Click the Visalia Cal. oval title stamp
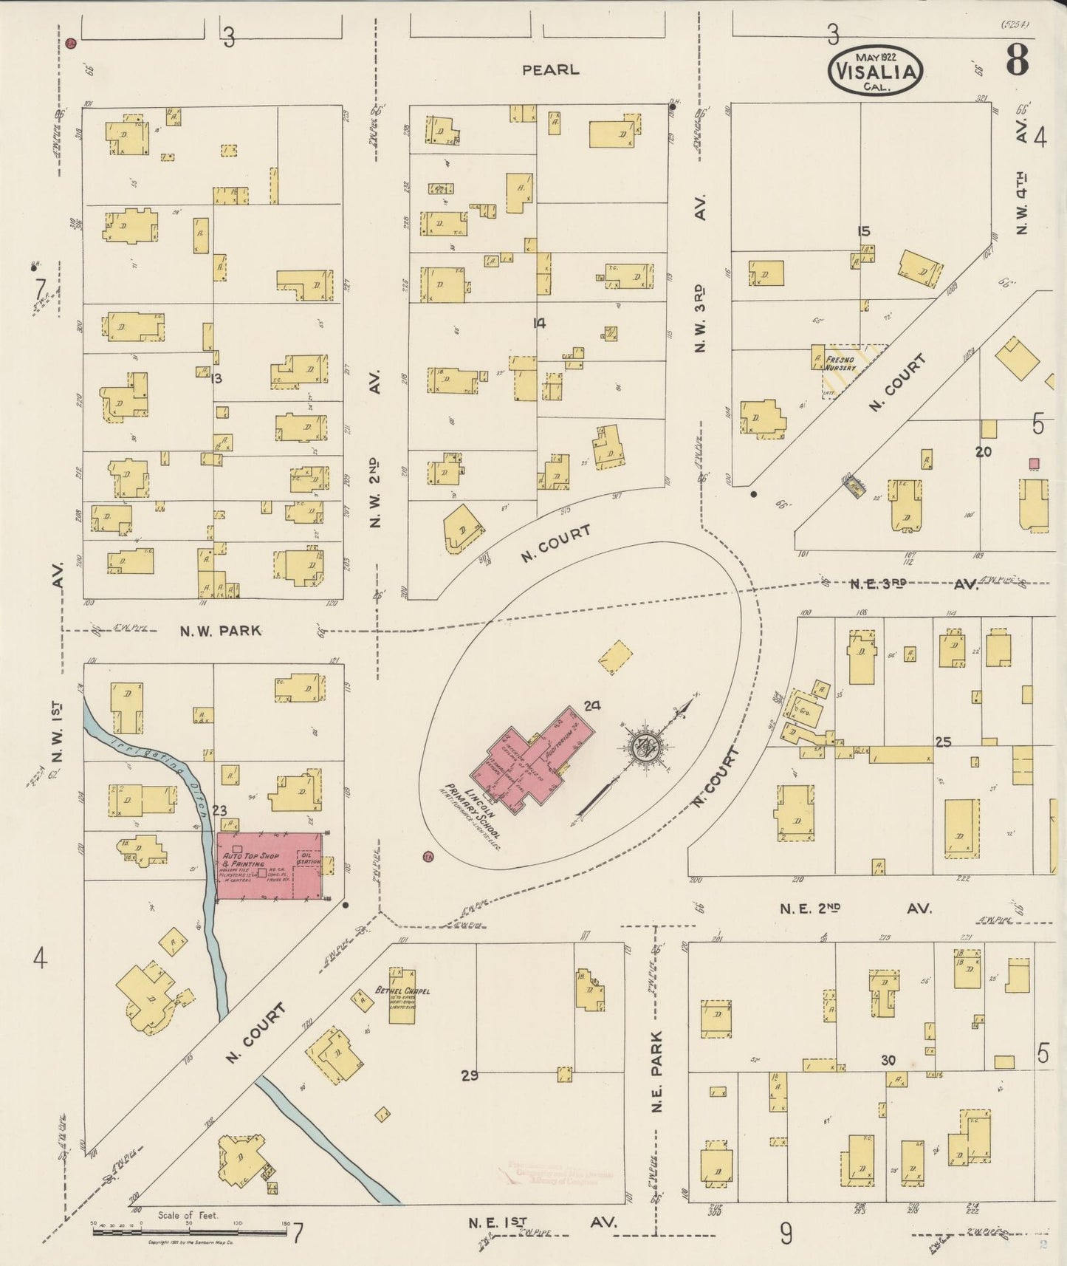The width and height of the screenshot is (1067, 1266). pyautogui.click(x=876, y=72)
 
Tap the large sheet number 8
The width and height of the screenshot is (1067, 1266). pyautogui.click(x=1017, y=61)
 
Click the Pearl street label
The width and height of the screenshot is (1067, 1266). pyautogui.click(x=550, y=70)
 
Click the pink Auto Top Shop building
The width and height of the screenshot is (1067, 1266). pyautogui.click(x=270, y=866)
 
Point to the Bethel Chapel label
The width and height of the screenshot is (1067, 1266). pyautogui.click(x=402, y=991)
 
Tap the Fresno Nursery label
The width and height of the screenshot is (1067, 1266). pyautogui.click(x=841, y=363)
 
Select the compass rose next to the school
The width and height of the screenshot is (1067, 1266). pyautogui.click(x=647, y=744)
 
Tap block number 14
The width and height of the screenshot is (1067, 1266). pyautogui.click(x=539, y=323)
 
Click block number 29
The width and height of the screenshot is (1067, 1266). pyautogui.click(x=470, y=1075)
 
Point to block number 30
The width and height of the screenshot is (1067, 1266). pyautogui.click(x=888, y=1060)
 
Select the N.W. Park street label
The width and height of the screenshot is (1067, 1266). pyautogui.click(x=221, y=631)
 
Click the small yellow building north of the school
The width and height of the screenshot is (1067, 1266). pyautogui.click(x=615, y=657)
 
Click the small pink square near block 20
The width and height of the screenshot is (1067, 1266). pyautogui.click(x=1035, y=463)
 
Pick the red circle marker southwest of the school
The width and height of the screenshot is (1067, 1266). pyautogui.click(x=427, y=857)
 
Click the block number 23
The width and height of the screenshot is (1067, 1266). pyautogui.click(x=219, y=810)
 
